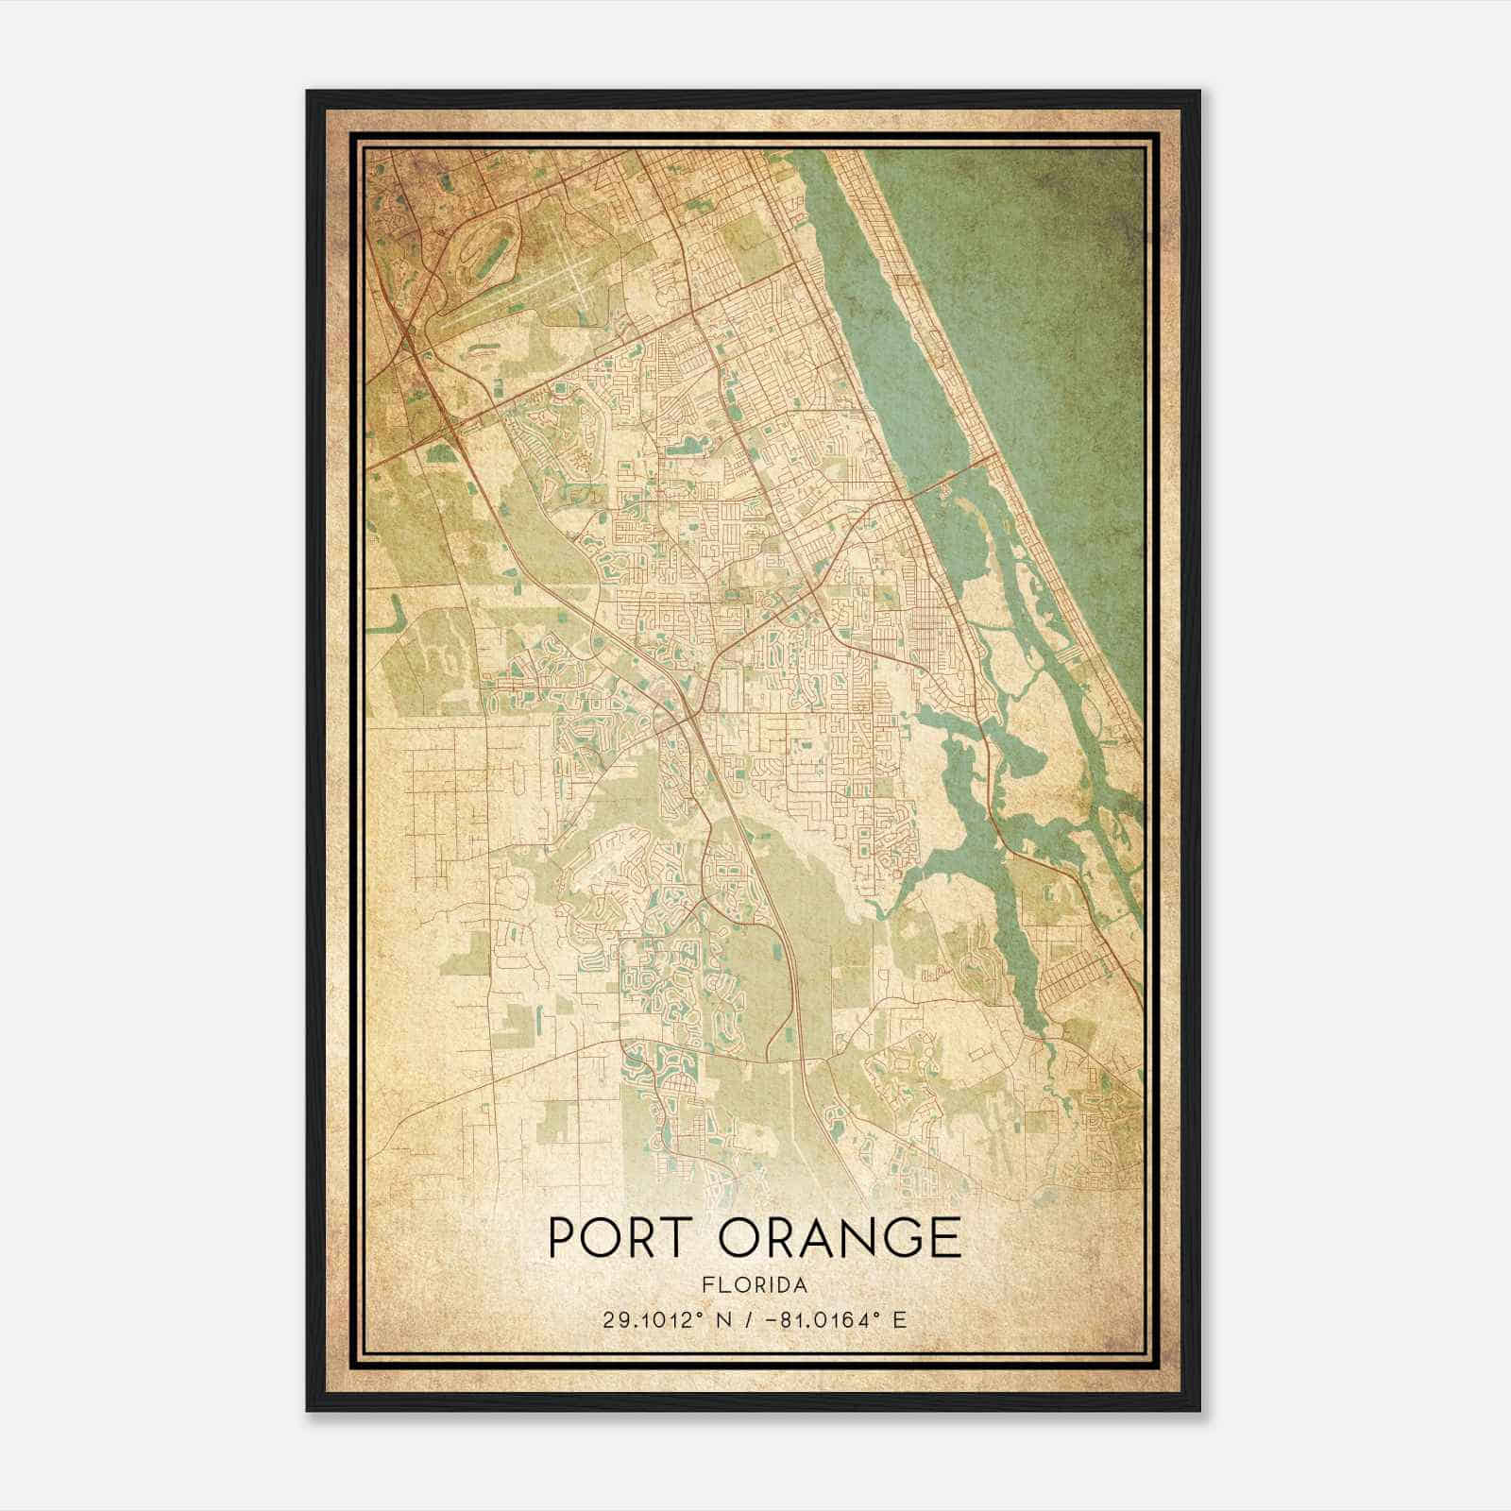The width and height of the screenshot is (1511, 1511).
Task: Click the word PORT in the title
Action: pos(613,1238)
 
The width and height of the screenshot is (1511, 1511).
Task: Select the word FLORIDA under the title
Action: pos(754,1285)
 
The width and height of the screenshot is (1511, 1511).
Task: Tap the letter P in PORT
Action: pos(563,1238)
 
